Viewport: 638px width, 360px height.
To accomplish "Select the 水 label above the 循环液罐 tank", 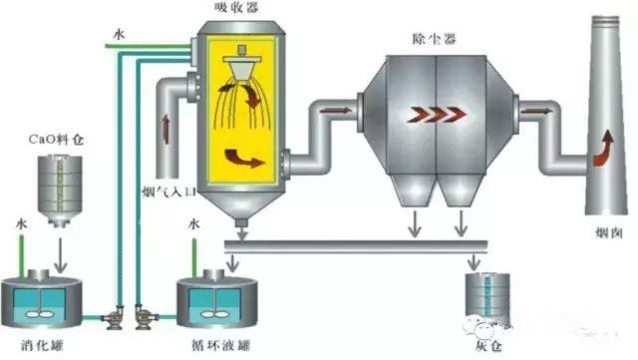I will click(196, 226).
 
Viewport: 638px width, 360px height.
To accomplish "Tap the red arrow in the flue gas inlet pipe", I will click(179, 129).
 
